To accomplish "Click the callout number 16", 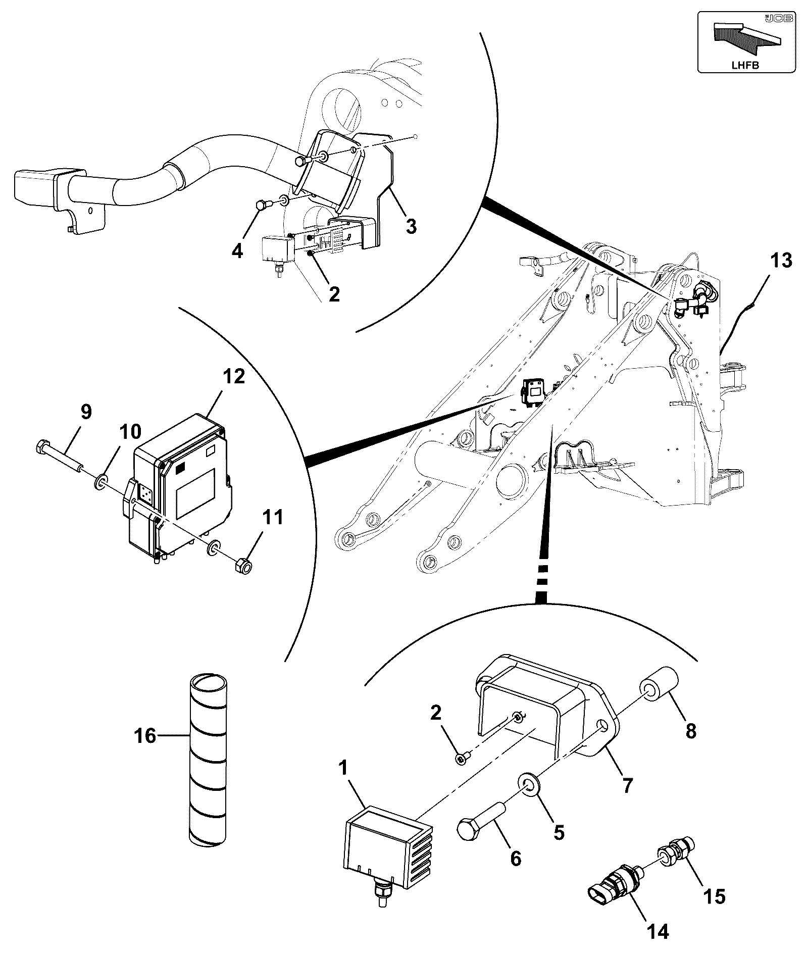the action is coord(145,736).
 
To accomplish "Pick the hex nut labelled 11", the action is coord(244,565).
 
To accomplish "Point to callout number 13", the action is coord(781,261).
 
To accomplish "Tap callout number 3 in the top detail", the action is coord(411,226).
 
